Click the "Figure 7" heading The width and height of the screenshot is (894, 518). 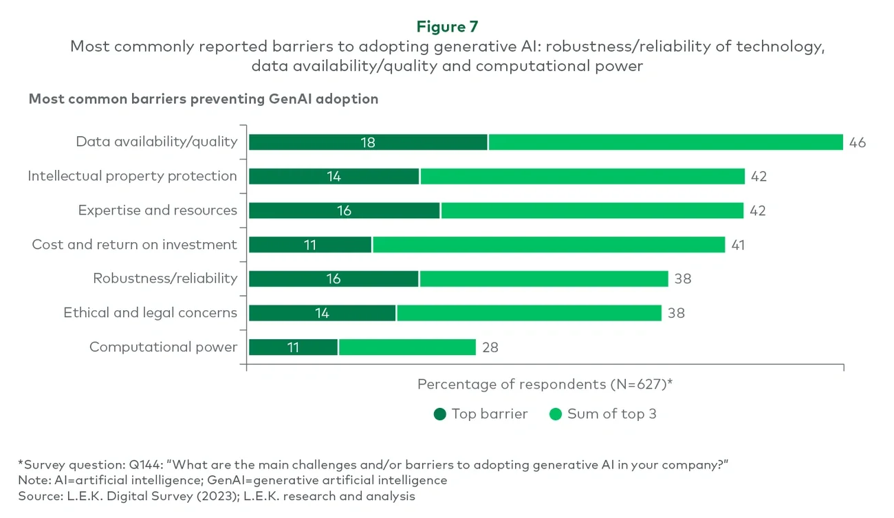pos(446,27)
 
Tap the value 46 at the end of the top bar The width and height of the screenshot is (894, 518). pos(857,143)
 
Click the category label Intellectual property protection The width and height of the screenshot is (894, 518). pos(132,176)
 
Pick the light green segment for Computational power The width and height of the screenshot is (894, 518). pos(406,347)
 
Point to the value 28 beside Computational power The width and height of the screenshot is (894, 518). pos(490,347)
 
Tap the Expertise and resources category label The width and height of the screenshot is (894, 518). pos(157,211)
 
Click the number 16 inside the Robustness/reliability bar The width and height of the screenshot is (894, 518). pos(333,279)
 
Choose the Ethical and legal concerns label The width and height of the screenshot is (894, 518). pos(150,313)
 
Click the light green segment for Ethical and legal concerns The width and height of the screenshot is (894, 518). pos(528,313)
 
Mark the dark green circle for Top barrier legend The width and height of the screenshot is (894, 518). pos(440,414)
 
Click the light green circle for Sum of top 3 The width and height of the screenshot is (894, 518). pos(556,414)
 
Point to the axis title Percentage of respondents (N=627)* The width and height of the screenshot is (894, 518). pos(544,385)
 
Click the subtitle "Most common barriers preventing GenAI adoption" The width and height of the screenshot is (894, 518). pos(204,99)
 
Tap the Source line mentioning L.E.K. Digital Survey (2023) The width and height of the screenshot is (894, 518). pos(217,496)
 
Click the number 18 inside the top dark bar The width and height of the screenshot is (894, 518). pos(367,142)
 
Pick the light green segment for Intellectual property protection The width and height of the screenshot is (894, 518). pos(582,177)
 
